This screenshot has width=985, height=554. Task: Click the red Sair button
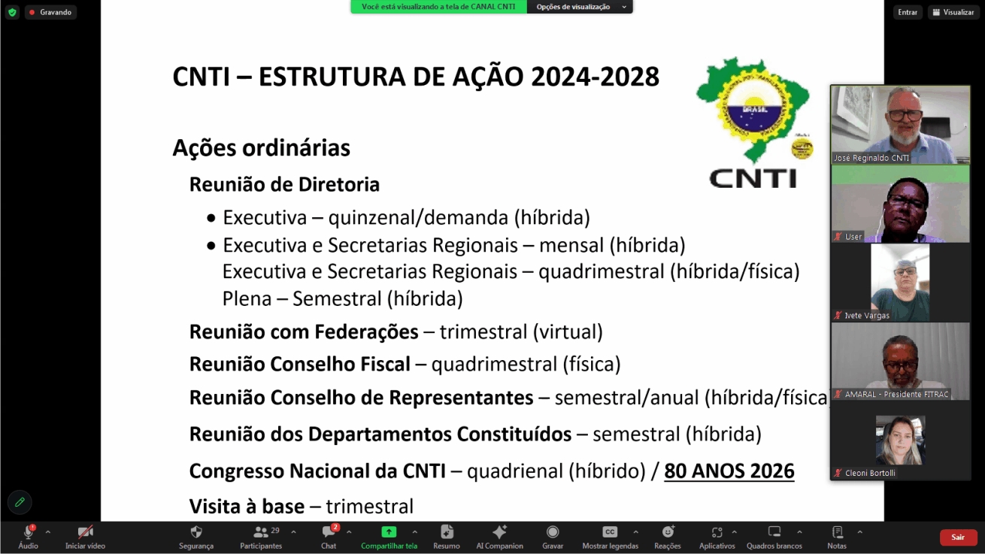coord(958,537)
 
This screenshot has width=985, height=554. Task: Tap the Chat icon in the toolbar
coord(329,532)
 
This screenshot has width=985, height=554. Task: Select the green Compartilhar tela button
coord(389,532)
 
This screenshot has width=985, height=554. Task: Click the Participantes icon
coord(261,532)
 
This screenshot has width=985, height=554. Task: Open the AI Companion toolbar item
coord(499,532)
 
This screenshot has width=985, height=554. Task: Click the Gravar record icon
coord(553,532)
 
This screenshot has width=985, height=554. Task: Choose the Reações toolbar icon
coord(668,532)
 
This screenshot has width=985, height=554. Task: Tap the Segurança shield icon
coord(196,532)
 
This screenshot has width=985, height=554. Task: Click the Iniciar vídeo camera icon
coord(85,532)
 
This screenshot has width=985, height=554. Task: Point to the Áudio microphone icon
coord(29,532)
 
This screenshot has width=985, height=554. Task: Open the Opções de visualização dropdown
coord(580,7)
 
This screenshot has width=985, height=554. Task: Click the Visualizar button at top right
coord(953,12)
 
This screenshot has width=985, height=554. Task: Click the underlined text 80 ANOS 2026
coord(729,471)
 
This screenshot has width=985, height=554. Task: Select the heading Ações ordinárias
coord(261,148)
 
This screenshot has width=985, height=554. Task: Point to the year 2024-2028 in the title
coord(595,77)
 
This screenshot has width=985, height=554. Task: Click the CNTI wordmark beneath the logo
coord(753,178)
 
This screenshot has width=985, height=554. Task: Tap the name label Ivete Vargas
coord(867,315)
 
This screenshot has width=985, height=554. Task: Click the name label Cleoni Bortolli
coord(870,473)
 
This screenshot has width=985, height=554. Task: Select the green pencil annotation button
coord(20,502)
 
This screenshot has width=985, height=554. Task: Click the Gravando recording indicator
coord(51,12)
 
